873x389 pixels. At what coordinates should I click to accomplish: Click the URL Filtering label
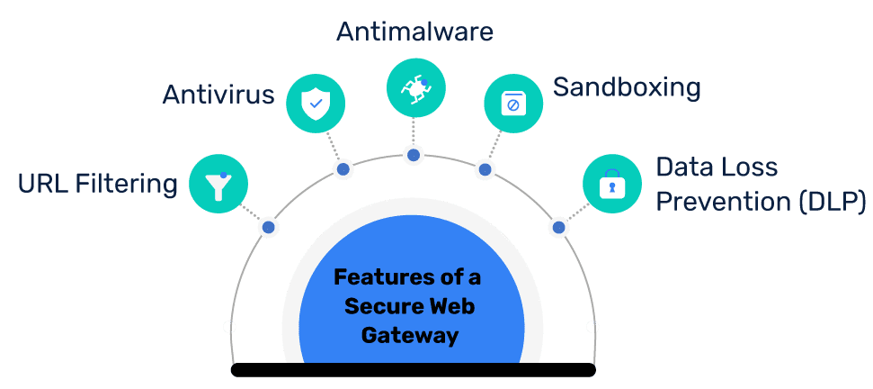pyautogui.click(x=98, y=185)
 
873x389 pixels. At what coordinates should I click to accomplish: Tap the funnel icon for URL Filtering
pyautogui.click(x=218, y=185)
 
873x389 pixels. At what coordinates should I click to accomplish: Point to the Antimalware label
pyautogui.click(x=414, y=32)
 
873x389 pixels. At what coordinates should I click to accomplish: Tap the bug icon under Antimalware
pyautogui.click(x=415, y=87)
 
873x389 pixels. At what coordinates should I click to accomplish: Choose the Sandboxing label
pyautogui.click(x=626, y=87)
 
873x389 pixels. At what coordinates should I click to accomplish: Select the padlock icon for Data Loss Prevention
pyautogui.click(x=611, y=184)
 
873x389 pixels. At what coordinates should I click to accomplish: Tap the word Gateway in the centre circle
pyautogui.click(x=410, y=336)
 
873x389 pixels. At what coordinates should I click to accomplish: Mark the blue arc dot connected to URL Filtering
pyautogui.click(x=268, y=227)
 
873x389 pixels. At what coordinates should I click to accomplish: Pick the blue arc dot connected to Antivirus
pyautogui.click(x=342, y=169)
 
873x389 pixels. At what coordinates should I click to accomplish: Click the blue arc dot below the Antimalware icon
pyautogui.click(x=414, y=155)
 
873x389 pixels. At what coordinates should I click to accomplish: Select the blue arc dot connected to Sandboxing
pyautogui.click(x=484, y=168)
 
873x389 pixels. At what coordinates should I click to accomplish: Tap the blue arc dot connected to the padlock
pyautogui.click(x=558, y=227)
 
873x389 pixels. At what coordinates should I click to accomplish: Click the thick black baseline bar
pyautogui.click(x=414, y=369)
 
